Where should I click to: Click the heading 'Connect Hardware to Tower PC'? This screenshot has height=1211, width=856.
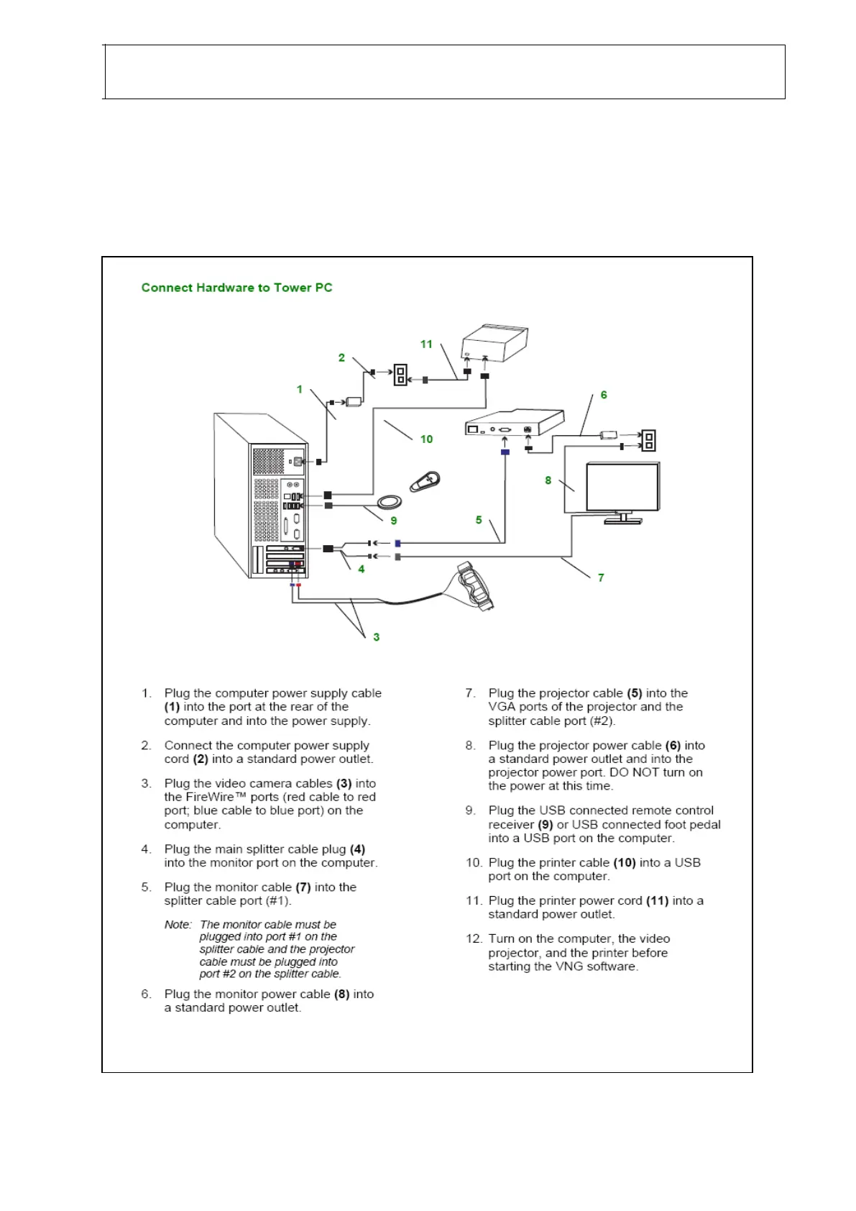pyautogui.click(x=236, y=288)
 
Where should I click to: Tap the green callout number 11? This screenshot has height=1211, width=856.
pyautogui.click(x=426, y=344)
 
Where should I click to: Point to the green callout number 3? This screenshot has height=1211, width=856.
pyautogui.click(x=376, y=637)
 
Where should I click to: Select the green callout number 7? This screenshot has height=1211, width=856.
pyautogui.click(x=601, y=577)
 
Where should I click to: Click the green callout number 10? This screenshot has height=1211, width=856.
pyautogui.click(x=426, y=439)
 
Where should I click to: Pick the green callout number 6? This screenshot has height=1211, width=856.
pyautogui.click(x=604, y=395)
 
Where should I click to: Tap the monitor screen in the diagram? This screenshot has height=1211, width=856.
pyautogui.click(x=622, y=487)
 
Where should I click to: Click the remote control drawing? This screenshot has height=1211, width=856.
pyautogui.click(x=425, y=481)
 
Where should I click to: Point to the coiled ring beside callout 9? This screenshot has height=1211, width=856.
pyautogui.click(x=389, y=501)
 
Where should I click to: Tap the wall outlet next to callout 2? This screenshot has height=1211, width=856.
pyautogui.click(x=400, y=375)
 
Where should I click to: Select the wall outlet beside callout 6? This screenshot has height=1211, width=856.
pyautogui.click(x=648, y=440)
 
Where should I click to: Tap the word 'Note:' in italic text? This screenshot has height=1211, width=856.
pyautogui.click(x=178, y=925)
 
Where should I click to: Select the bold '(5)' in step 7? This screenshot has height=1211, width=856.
pyautogui.click(x=634, y=693)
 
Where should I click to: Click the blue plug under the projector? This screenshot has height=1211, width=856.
pyautogui.click(x=505, y=452)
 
